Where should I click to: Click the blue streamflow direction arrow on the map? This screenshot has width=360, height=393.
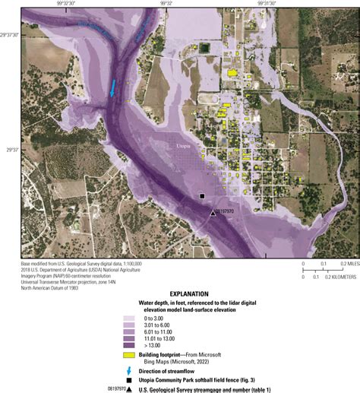click(x=113, y=88)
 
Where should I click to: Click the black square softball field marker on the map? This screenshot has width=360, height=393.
click(x=202, y=196)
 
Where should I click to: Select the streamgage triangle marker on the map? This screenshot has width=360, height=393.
click(x=213, y=213)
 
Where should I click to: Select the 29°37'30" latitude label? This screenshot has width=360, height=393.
click(x=11, y=35)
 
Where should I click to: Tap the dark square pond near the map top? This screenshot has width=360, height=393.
click(x=204, y=49)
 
